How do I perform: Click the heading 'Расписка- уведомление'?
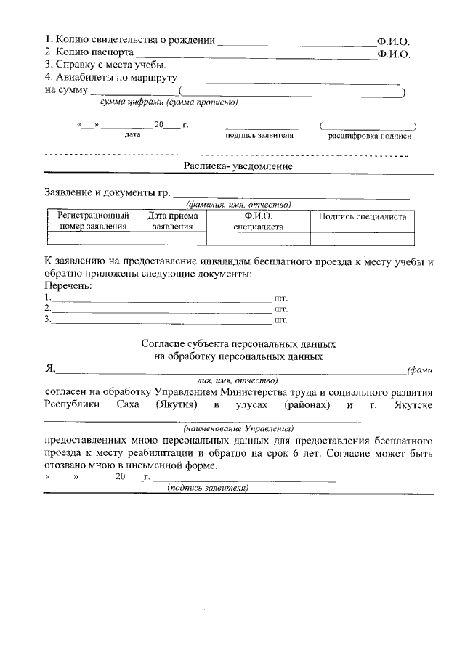pyautogui.click(x=238, y=166)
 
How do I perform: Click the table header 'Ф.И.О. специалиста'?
pyautogui.click(x=258, y=221)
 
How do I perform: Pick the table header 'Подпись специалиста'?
pyautogui.click(x=363, y=216)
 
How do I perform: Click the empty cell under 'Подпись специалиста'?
pyautogui.click(x=363, y=237)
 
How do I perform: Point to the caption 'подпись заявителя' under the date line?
pyautogui.click(x=259, y=135)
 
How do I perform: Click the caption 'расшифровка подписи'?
pyautogui.click(x=370, y=135)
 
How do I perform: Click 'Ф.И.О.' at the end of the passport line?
pyautogui.click(x=394, y=53)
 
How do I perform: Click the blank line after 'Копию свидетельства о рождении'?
pyautogui.click(x=295, y=42)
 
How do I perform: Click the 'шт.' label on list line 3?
pyautogui.click(x=281, y=319)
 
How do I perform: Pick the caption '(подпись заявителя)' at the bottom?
pyautogui.click(x=208, y=488)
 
